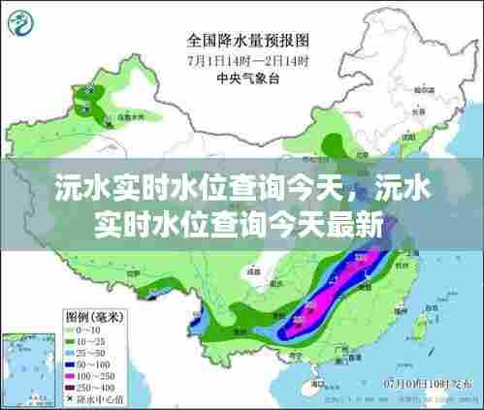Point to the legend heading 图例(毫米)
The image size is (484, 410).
93,317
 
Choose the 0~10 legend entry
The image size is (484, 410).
92,331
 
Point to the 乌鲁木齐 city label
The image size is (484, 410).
126,117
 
